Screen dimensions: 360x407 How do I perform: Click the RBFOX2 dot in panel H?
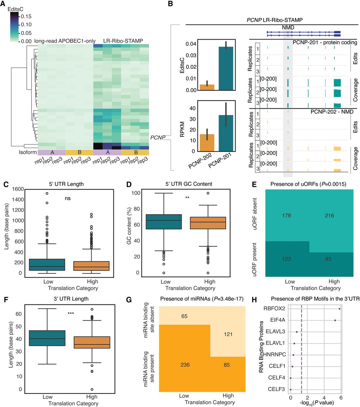coord(340,309)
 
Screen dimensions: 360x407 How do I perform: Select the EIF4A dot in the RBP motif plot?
coord(335,320)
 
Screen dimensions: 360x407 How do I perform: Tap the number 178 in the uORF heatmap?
coord(286,216)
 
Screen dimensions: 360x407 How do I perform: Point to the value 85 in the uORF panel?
coord(328,259)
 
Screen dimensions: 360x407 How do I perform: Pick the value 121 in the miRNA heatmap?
coord(228,334)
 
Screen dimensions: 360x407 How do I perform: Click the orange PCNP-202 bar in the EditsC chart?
coord(207,87)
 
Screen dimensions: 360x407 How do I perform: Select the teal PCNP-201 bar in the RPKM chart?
coord(226,133)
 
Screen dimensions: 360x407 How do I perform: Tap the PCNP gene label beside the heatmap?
coord(158,138)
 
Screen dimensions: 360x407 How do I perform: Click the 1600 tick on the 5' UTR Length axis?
coord(18,189)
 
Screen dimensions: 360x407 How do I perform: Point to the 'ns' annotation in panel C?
coord(67,198)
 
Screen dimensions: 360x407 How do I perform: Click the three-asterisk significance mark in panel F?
coord(71,314)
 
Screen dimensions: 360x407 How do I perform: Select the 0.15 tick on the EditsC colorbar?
coord(26,17)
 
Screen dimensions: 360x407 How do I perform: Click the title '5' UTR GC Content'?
coord(189,184)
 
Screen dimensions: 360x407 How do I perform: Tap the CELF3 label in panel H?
coord(276,389)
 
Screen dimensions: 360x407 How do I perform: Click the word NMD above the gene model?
coord(288,27)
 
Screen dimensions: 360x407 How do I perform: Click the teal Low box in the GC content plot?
coord(164,222)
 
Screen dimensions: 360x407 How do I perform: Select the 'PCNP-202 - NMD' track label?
coord(332,112)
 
